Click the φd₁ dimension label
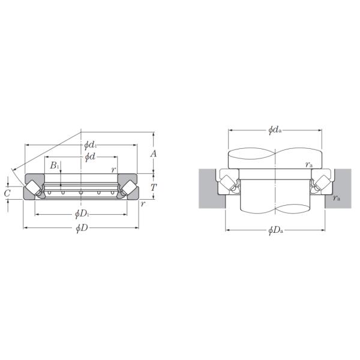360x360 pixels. (x=90, y=145)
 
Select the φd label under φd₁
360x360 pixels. (x=90, y=157)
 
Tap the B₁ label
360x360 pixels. (x=55, y=165)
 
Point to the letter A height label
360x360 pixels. (x=154, y=154)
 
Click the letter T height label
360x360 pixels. (x=154, y=188)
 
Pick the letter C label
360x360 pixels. (x=7, y=194)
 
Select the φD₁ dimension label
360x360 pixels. (x=82, y=214)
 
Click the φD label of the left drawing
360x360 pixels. (x=82, y=228)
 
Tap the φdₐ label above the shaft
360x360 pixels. (x=275, y=130)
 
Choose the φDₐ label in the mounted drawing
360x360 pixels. (x=275, y=230)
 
